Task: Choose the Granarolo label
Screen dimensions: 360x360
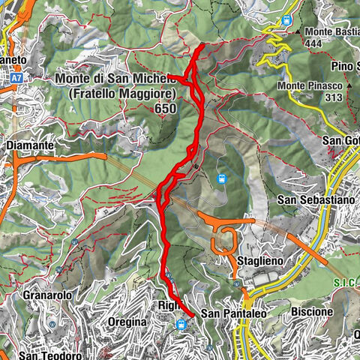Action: (48, 295)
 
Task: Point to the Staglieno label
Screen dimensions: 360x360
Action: (259, 260)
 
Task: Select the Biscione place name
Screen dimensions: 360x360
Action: (311, 310)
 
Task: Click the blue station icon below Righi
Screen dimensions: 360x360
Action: (181, 325)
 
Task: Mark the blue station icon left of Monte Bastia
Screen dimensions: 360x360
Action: (286, 21)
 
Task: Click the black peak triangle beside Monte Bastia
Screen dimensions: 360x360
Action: (299, 32)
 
